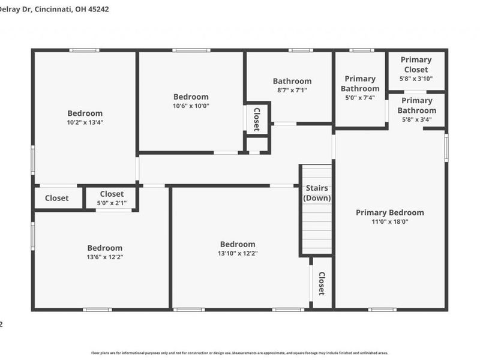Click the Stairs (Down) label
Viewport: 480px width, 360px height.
click(317, 193)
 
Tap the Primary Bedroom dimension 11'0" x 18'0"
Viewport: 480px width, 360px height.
click(389, 221)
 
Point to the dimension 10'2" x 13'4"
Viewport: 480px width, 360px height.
click(85, 122)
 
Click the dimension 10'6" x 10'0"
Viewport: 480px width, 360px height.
click(191, 106)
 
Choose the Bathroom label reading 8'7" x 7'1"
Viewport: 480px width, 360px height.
click(292, 81)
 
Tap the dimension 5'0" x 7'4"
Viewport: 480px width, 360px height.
click(360, 98)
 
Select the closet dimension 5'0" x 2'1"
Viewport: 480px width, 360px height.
click(112, 203)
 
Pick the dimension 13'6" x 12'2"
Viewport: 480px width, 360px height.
click(104, 257)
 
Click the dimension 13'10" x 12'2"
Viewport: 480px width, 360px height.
click(237, 253)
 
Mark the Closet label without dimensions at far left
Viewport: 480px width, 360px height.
click(56, 198)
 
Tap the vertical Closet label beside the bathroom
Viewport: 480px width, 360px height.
click(256, 119)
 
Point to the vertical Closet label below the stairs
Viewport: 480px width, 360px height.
click(322, 283)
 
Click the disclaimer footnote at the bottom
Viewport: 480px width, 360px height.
click(239, 353)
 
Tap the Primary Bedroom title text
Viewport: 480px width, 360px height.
click(389, 212)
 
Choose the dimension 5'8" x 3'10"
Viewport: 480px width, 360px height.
click(416, 78)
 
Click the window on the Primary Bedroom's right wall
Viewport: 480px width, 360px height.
click(446, 147)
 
